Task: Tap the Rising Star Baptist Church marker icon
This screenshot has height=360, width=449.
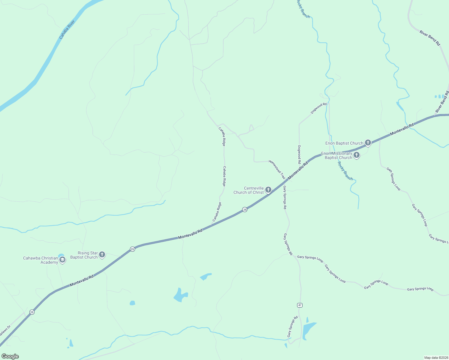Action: pos(102,255)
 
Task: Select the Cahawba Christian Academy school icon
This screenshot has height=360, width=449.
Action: pos(62,260)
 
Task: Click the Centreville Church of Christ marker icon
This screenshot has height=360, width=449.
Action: pos(268,190)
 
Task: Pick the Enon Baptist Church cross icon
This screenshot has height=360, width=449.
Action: pos(368,143)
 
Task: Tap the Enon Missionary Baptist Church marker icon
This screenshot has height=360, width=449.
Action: pos(357,155)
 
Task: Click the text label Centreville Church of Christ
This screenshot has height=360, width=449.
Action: pos(249,190)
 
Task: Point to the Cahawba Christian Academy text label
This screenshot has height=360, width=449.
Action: pos(41,260)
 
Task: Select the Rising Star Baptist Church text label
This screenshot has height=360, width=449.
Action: pos(84,255)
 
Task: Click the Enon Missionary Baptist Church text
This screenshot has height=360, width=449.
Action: pos(336,155)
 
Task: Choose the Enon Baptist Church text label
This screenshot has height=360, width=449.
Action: pos(344,143)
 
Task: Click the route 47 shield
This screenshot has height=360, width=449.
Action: pos(300,305)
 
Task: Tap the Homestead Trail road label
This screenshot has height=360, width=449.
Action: pos(277,169)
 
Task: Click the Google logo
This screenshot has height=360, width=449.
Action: pos(10,356)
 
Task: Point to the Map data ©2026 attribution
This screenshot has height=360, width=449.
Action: pos(436,358)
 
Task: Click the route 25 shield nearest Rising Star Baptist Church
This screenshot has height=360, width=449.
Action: pos(132,249)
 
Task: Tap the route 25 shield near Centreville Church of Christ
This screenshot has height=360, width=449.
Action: pos(245,210)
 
